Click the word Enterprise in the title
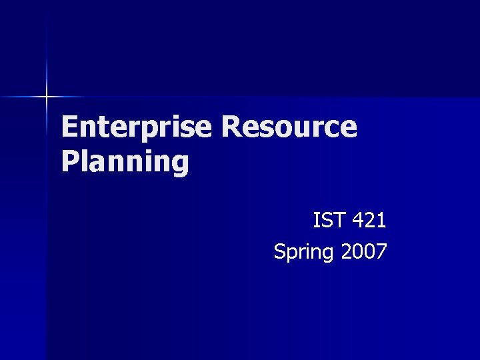[137, 127]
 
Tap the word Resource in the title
[290, 127]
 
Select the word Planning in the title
[125, 162]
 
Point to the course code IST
[327, 219]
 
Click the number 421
[367, 219]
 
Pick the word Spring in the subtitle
[303, 252]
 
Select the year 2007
[363, 251]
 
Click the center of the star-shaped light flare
[47, 97]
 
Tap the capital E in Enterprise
[69, 127]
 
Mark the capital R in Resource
[233, 127]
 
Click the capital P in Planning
[70, 162]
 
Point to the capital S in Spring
[279, 251]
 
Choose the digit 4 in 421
[355, 219]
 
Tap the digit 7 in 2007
[381, 251]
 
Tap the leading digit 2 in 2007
[346, 251]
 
